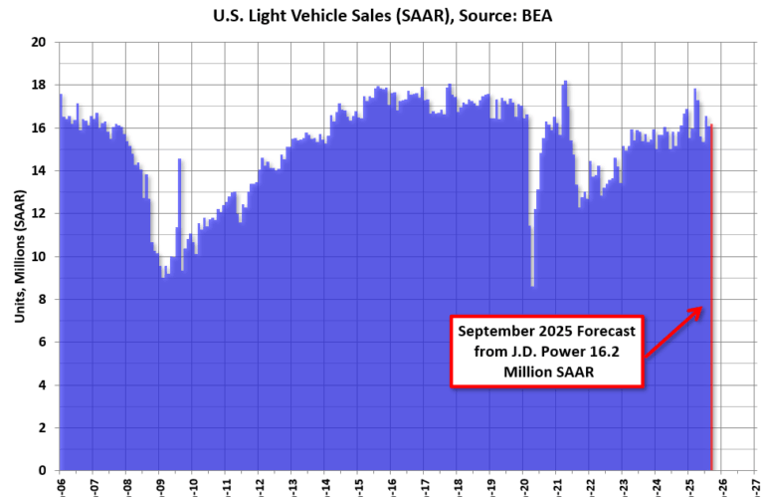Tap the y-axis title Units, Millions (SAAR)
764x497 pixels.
click(20, 256)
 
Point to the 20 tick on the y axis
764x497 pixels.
click(40, 43)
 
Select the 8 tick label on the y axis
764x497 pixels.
click(43, 300)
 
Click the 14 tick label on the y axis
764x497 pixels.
click(40, 171)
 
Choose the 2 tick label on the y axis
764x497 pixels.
click(43, 428)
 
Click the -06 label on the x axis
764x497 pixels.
click(60, 485)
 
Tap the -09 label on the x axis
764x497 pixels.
click(160, 485)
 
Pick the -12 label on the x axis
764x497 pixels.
click(260, 485)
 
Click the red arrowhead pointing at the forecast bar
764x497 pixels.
click(701, 312)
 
